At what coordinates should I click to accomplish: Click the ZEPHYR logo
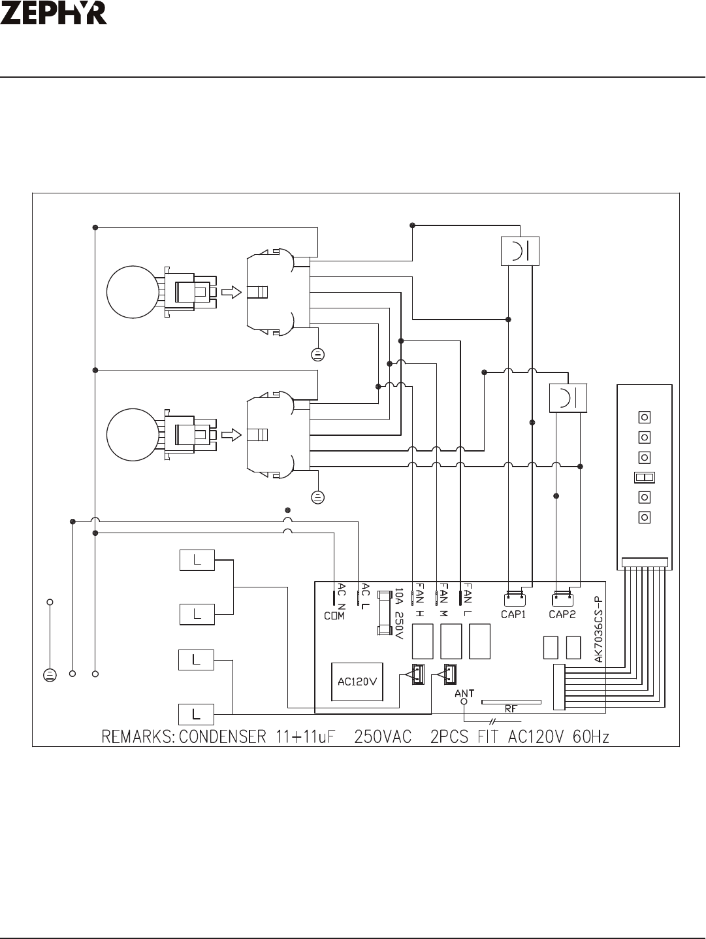point(54,13)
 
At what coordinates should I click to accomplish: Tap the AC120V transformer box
point(357,682)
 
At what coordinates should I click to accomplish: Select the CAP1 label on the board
point(513,614)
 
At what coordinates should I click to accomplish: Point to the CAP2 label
point(562,614)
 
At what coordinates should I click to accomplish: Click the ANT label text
point(464,693)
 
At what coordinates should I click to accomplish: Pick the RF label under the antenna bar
point(511,709)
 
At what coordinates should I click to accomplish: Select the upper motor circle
point(133,291)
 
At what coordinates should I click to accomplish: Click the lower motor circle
point(133,435)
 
